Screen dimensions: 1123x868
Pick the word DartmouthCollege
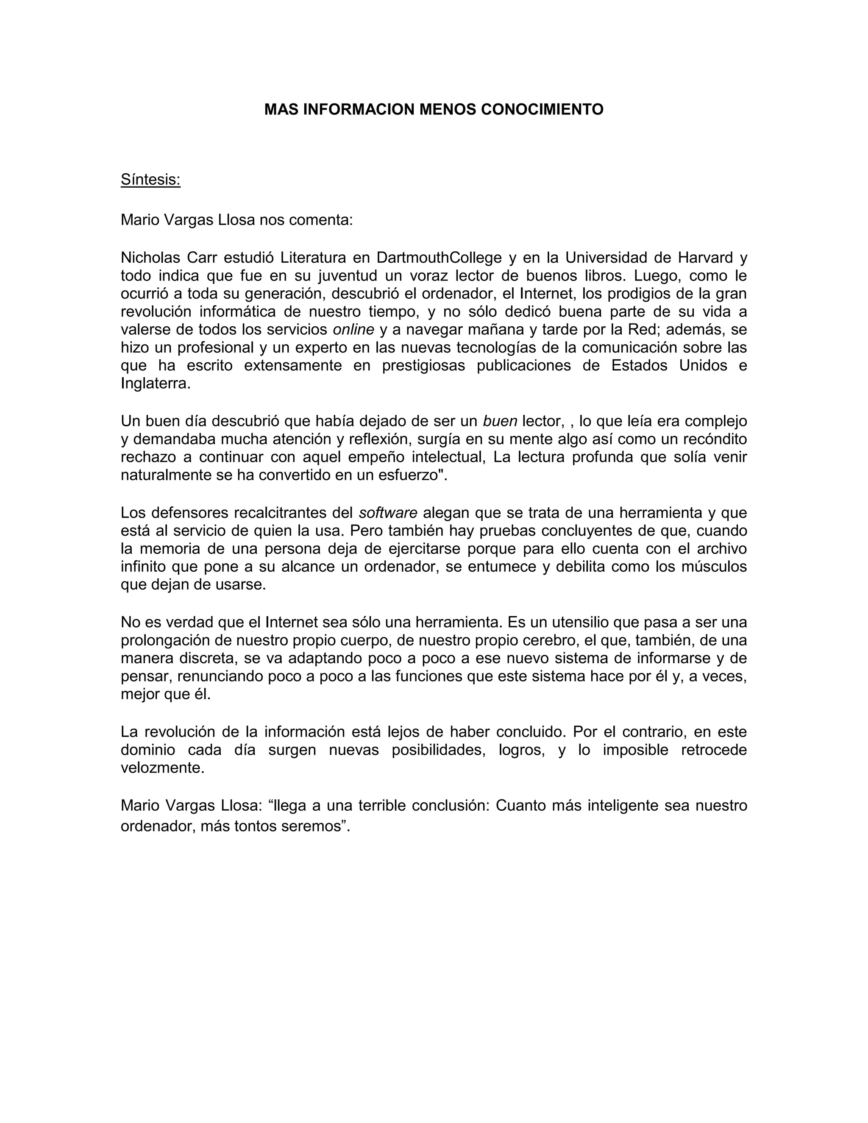pos(439,257)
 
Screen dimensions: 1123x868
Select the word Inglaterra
pos(155,383)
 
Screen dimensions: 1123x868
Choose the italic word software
pos(388,513)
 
